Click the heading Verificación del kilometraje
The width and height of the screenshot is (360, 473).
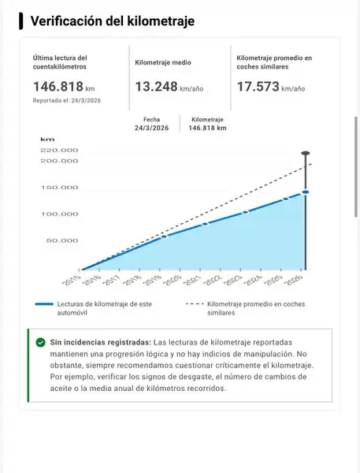click(113, 21)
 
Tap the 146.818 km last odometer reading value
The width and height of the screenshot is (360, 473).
click(64, 87)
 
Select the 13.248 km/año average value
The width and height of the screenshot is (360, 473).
click(169, 87)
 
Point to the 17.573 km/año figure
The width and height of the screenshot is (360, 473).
click(271, 87)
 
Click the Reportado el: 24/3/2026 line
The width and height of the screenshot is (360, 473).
click(67, 100)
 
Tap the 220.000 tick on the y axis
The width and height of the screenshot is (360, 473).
click(59, 151)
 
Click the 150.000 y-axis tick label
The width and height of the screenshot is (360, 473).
click(59, 188)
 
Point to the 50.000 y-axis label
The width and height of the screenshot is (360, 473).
click(62, 240)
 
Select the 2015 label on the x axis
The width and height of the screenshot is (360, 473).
click(72, 280)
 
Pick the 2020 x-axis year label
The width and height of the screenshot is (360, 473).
click(173, 280)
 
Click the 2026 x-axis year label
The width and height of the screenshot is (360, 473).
click(294, 280)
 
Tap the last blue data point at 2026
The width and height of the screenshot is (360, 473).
click(306, 192)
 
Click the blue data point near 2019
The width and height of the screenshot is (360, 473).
click(164, 236)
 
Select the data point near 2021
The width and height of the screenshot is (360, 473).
click(205, 224)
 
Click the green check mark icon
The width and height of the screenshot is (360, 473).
click(40, 342)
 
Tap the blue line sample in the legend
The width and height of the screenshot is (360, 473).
click(44, 304)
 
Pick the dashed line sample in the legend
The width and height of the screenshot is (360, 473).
click(195, 304)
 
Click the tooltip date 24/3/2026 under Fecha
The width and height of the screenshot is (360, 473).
click(152, 128)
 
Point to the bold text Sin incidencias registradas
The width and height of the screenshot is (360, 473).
click(100, 342)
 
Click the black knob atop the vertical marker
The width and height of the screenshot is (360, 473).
click(306, 153)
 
